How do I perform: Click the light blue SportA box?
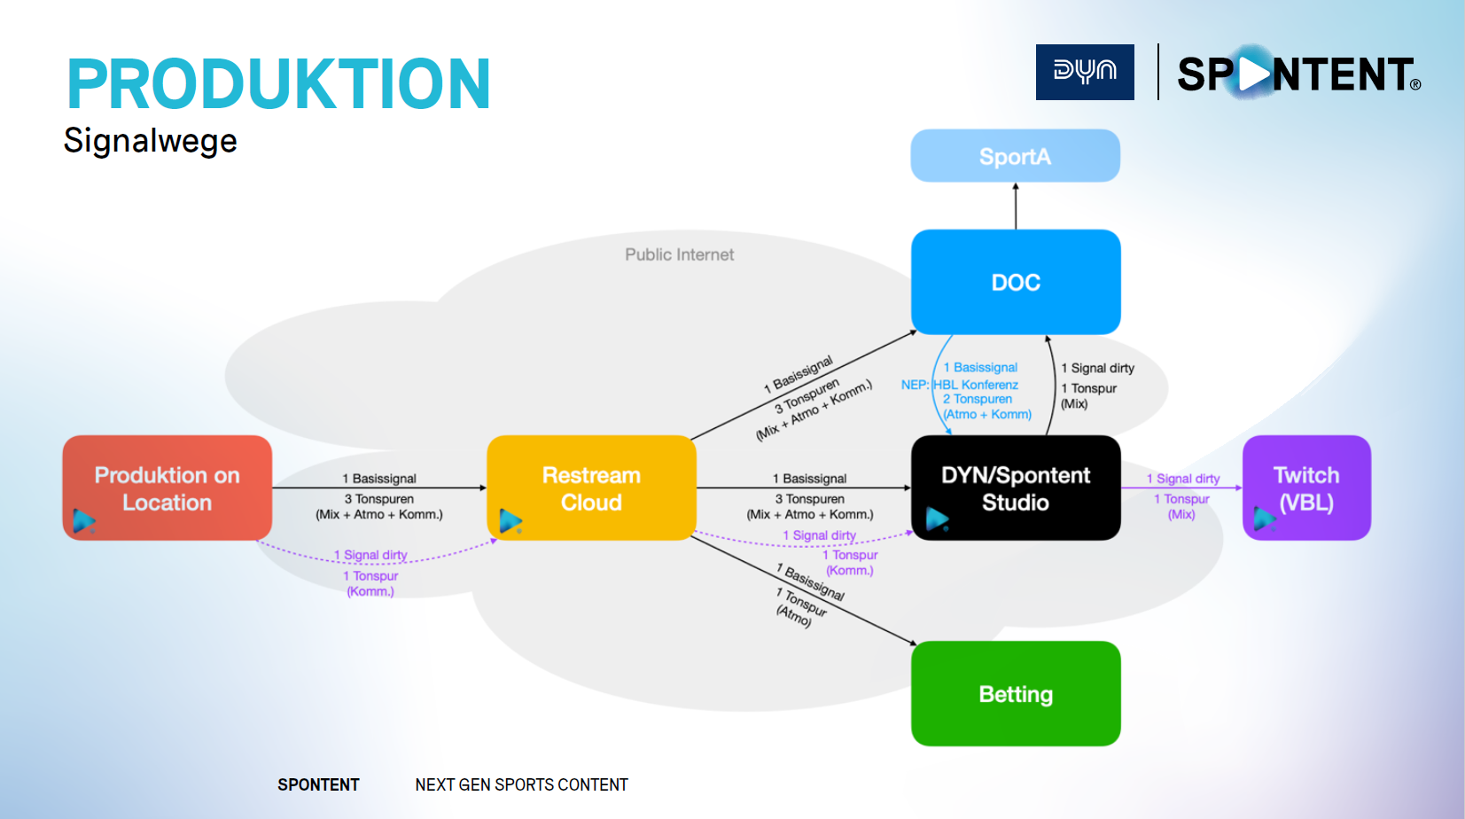click(1015, 156)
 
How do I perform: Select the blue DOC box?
click(1016, 282)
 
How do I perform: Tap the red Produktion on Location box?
click(167, 487)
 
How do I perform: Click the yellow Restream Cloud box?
click(591, 487)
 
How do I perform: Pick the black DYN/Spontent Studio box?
click(1016, 487)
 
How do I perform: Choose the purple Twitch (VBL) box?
click(1306, 487)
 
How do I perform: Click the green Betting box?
click(1016, 693)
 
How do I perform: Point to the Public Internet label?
click(679, 254)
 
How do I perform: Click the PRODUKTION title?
click(278, 84)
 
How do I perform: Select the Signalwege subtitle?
click(151, 141)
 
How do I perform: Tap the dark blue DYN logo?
click(1085, 72)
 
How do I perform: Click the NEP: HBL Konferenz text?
click(960, 385)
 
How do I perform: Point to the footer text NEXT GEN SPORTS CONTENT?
click(521, 784)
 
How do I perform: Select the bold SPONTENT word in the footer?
click(318, 784)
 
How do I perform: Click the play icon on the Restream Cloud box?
click(510, 521)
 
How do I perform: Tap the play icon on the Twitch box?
click(1264, 517)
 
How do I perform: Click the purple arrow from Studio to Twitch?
click(1181, 487)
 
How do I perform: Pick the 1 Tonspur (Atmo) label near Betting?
click(800, 608)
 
